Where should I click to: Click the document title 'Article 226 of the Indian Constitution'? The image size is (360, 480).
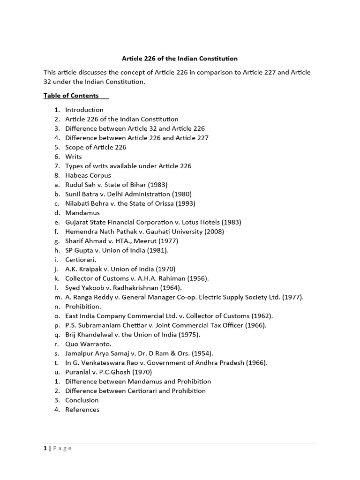(x=180, y=59)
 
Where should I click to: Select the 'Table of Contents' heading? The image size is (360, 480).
(x=71, y=96)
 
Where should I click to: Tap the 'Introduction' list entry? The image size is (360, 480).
(x=84, y=110)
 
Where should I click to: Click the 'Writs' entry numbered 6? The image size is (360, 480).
(x=74, y=157)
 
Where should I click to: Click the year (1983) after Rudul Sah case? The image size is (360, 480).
(x=157, y=185)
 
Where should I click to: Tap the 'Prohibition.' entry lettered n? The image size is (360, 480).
(x=83, y=307)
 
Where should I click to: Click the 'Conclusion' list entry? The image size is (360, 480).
(x=82, y=400)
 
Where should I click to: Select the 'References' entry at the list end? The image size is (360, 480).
(x=82, y=410)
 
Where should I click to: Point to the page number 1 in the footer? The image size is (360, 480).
(x=45, y=448)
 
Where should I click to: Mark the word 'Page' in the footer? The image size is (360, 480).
(x=62, y=448)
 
